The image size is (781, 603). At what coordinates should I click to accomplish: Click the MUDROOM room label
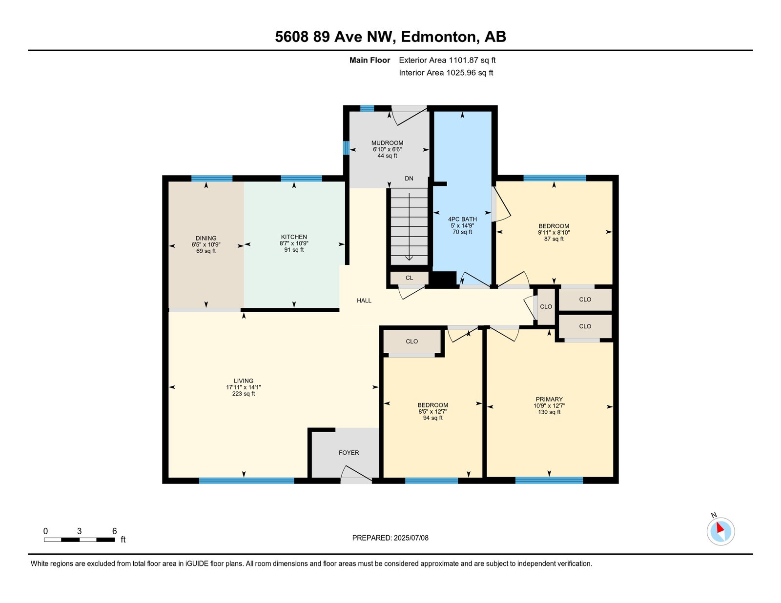(387, 143)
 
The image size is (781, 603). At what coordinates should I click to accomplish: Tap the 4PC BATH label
(462, 219)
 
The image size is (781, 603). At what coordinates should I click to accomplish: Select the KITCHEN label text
(294, 237)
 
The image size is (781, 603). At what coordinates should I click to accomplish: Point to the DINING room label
(206, 238)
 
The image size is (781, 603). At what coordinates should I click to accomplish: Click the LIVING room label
(243, 381)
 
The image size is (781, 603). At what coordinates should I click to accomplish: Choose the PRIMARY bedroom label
(549, 399)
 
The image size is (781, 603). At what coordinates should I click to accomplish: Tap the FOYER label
(349, 453)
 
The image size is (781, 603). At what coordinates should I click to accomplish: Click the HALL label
(364, 300)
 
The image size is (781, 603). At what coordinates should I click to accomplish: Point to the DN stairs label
(409, 179)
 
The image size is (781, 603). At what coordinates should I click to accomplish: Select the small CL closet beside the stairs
(410, 278)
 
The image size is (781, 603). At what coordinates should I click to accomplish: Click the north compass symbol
(720, 532)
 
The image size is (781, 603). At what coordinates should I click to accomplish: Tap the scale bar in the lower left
(80, 540)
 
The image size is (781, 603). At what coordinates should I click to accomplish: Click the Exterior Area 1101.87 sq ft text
(447, 60)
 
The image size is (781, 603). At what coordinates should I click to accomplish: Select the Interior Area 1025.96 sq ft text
(446, 73)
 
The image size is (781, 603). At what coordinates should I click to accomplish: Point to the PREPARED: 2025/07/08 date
(390, 538)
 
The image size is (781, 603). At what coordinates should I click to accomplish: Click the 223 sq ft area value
(243, 394)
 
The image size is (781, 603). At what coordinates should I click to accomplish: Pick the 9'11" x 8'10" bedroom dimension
(554, 232)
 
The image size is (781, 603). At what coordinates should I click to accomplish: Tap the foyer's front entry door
(356, 474)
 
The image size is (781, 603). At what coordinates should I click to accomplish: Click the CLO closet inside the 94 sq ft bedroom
(412, 341)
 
